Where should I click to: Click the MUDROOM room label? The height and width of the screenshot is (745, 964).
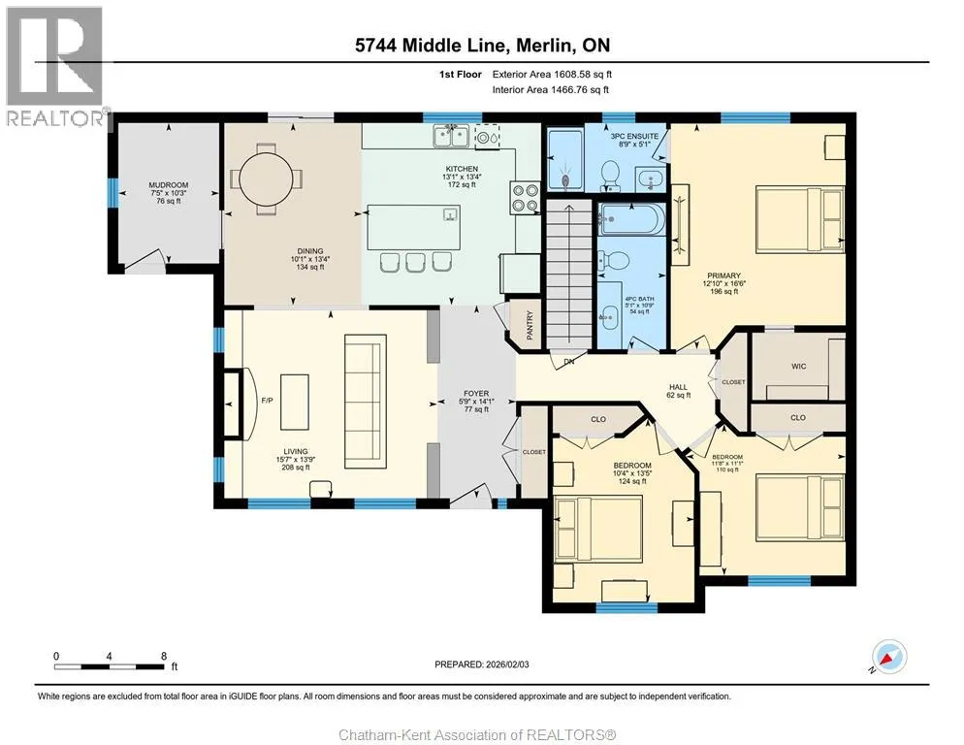(x=169, y=184)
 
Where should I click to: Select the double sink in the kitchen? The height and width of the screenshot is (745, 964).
(x=452, y=136)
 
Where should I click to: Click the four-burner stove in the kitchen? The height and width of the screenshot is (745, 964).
(x=525, y=198)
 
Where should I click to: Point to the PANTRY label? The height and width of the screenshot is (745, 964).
(x=530, y=325)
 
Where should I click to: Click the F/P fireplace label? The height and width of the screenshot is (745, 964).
(x=267, y=401)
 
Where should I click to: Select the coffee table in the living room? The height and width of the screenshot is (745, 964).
(x=295, y=402)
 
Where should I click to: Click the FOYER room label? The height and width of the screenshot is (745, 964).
(x=476, y=393)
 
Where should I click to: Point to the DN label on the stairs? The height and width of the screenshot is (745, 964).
(x=569, y=362)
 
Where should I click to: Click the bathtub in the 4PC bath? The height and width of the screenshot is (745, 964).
(x=632, y=219)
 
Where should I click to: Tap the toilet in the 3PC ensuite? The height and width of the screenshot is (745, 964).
(x=610, y=173)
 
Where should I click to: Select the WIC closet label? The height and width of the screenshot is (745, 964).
(x=798, y=366)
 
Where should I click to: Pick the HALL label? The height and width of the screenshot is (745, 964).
(x=679, y=387)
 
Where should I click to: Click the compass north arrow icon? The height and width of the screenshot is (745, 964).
(x=889, y=657)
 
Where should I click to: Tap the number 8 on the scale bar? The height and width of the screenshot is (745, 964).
(x=164, y=656)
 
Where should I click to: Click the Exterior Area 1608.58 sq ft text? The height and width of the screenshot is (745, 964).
(x=552, y=75)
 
